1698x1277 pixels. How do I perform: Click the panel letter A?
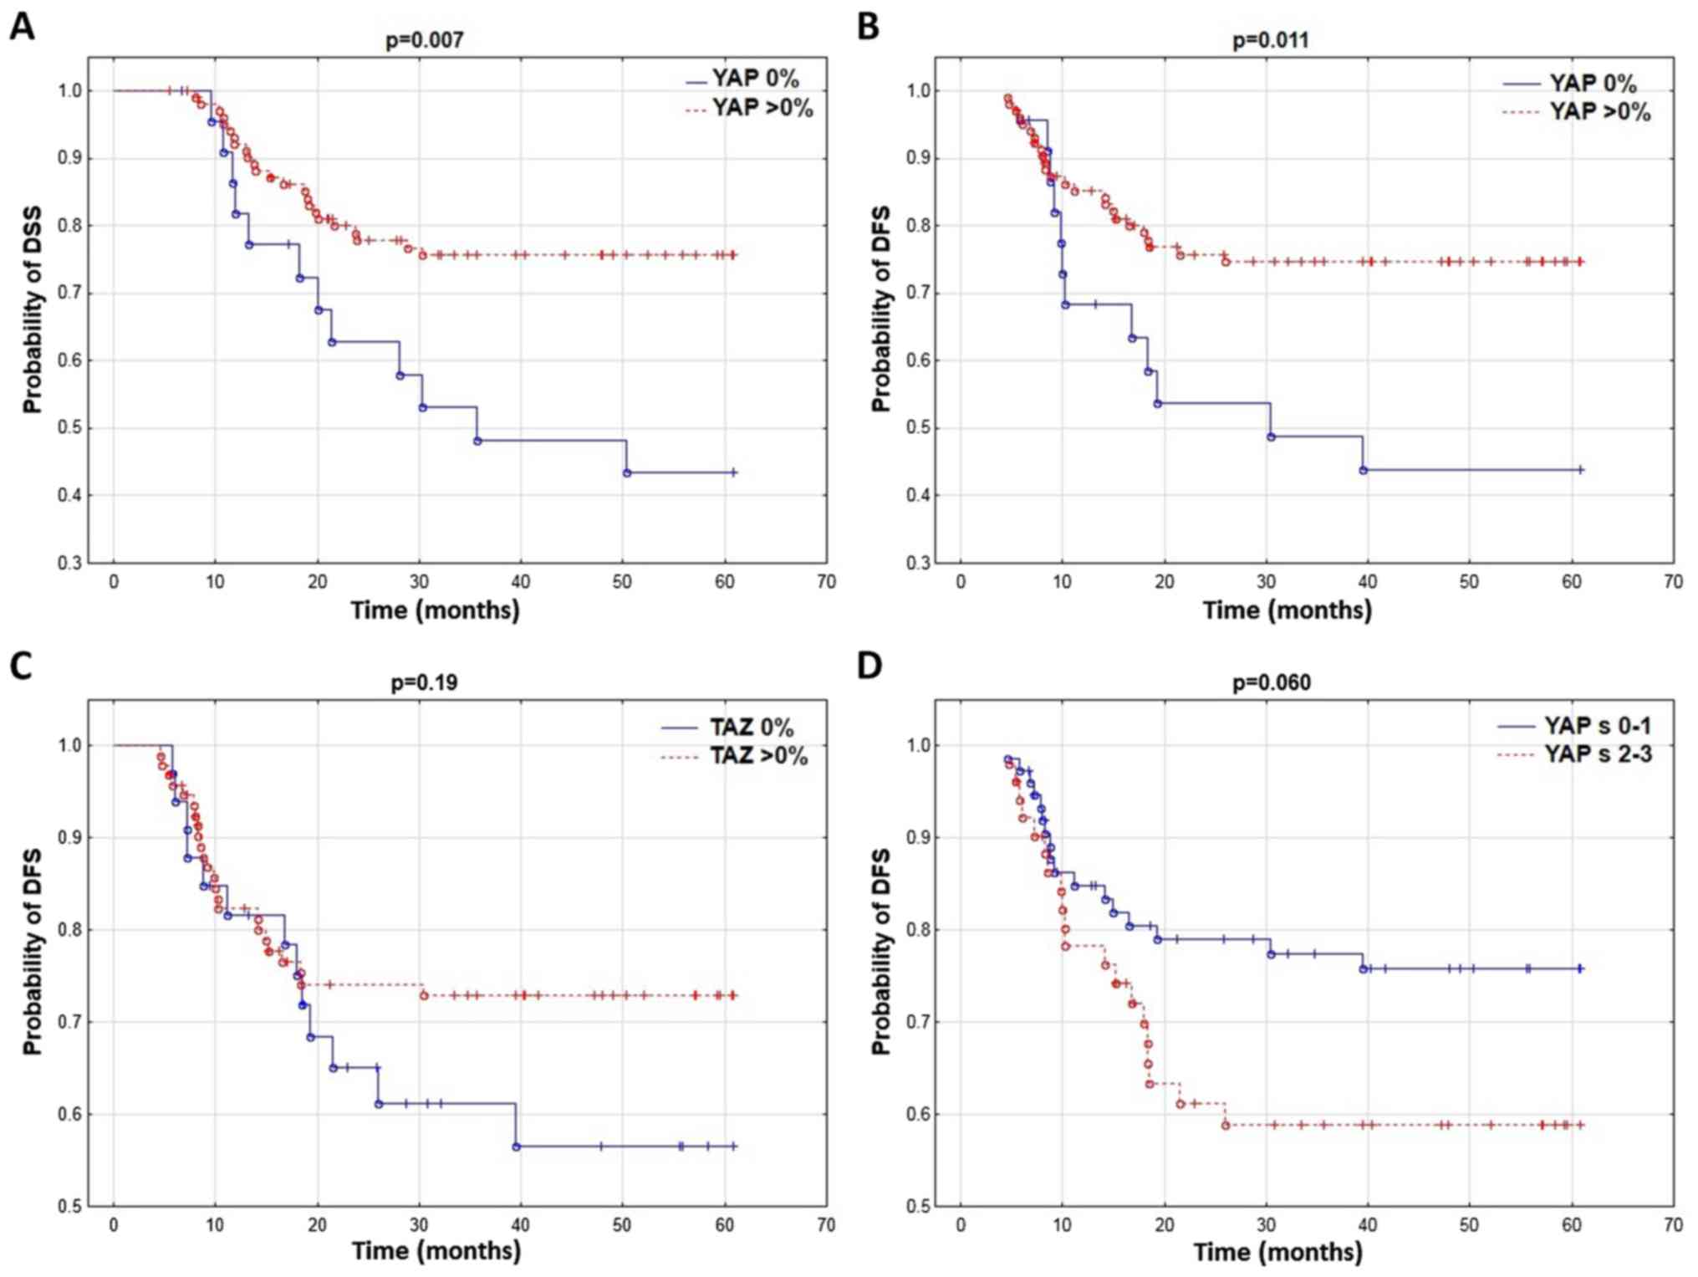(22, 27)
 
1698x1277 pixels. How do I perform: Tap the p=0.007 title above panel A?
(424, 39)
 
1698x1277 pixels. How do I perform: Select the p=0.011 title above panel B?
(1271, 39)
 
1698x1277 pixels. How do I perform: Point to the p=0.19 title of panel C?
(424, 682)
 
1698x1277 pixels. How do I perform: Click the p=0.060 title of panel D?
(1271, 682)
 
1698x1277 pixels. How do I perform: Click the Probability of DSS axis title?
(33, 310)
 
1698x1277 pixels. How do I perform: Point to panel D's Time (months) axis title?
(1277, 1252)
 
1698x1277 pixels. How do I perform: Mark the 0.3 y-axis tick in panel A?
(70, 563)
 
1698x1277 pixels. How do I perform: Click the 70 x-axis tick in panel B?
(1673, 582)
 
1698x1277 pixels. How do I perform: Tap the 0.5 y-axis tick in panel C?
(70, 1206)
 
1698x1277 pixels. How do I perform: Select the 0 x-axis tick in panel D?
(961, 1225)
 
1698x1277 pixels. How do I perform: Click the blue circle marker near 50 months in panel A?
(627, 472)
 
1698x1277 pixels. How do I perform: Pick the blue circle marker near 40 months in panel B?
(1363, 470)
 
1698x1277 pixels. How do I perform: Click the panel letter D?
(869, 667)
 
